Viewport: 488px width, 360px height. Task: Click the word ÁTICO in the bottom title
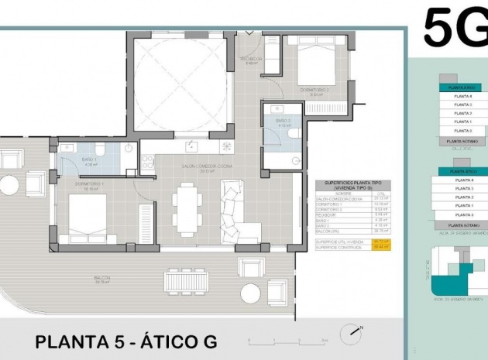(167, 341)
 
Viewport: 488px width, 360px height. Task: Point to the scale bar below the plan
(285, 341)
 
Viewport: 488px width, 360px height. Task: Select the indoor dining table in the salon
(187, 208)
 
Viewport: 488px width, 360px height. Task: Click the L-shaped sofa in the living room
(237, 212)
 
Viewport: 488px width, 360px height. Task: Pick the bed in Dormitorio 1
(88, 219)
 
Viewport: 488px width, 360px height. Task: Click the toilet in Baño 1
(101, 149)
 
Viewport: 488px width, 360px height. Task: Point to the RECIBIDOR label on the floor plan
(251, 59)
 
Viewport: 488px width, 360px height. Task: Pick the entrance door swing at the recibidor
(249, 36)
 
